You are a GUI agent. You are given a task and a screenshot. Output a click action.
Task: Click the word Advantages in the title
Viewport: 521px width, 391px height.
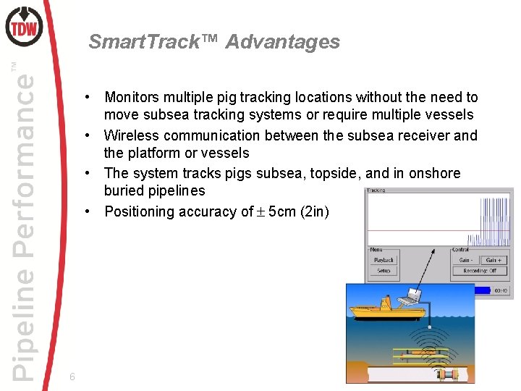click(x=282, y=42)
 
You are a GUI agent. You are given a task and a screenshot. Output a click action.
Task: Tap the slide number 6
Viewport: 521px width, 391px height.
click(x=72, y=377)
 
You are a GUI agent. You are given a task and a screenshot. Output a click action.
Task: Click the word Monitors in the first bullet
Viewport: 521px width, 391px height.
click(x=134, y=97)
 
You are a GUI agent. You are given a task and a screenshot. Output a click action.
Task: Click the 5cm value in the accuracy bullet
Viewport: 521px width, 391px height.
click(x=284, y=211)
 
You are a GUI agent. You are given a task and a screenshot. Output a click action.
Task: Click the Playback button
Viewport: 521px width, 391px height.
click(x=384, y=260)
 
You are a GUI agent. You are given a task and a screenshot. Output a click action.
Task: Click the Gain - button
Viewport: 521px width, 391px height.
click(x=467, y=260)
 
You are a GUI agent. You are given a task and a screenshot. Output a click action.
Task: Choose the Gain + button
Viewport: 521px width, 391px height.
click(x=494, y=260)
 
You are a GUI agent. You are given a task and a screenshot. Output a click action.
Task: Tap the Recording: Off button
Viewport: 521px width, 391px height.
click(x=480, y=272)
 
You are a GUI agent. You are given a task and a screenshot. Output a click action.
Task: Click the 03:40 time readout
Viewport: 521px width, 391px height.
click(x=501, y=290)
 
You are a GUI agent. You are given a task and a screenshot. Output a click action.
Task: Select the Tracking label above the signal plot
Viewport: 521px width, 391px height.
click(x=376, y=191)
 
